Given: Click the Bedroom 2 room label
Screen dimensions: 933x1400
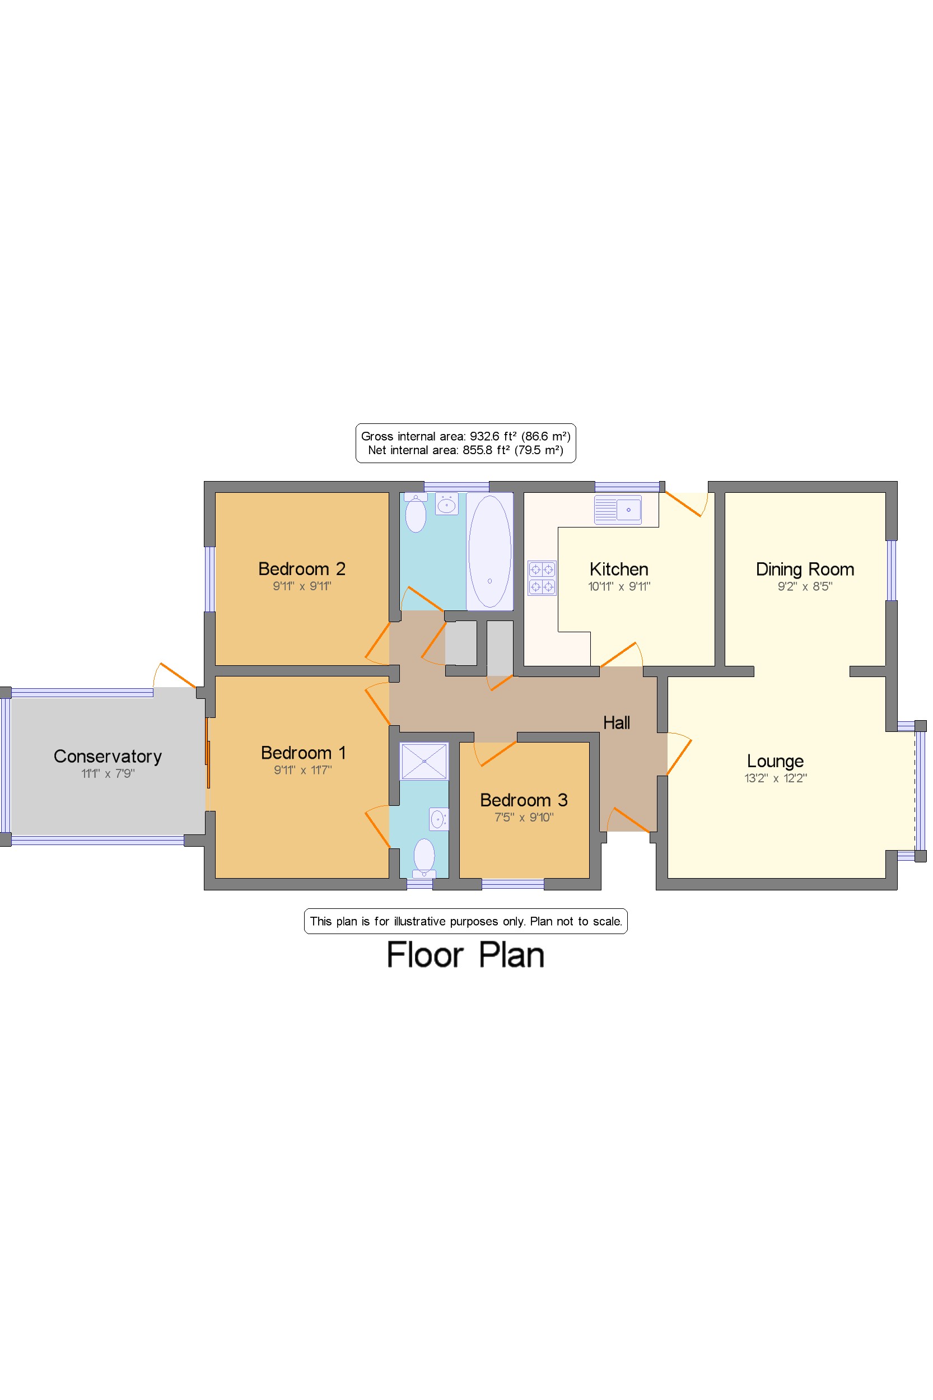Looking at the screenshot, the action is point(302,569).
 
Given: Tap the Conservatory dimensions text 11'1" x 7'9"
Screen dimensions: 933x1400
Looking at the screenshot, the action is point(108,773).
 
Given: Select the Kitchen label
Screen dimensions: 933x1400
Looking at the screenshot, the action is point(619,570).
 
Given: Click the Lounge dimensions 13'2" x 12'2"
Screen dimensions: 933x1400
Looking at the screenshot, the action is point(775,778).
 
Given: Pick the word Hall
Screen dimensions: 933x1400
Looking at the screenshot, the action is point(617,723).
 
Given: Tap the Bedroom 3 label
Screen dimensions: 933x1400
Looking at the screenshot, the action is point(524,800).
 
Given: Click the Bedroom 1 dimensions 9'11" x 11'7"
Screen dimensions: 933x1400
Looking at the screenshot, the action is point(303,770).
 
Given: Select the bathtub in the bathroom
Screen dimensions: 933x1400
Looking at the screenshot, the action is point(489,552).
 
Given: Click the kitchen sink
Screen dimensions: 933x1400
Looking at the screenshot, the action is point(618,510).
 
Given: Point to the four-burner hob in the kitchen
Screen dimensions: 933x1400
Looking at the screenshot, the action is point(542,578).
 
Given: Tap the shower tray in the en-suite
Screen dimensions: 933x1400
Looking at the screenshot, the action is point(423,761).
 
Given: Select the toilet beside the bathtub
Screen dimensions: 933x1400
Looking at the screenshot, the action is point(416,513).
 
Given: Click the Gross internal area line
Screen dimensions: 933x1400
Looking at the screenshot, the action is point(465,436).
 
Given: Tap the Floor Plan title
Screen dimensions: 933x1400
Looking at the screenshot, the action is point(465,955).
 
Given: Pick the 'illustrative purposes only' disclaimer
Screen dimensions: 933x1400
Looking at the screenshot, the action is point(465,921).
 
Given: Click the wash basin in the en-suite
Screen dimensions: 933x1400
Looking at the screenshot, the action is point(438,819).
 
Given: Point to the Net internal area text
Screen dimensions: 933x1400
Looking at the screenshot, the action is point(465,450).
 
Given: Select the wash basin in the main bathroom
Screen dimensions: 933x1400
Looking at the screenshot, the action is point(446,505).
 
